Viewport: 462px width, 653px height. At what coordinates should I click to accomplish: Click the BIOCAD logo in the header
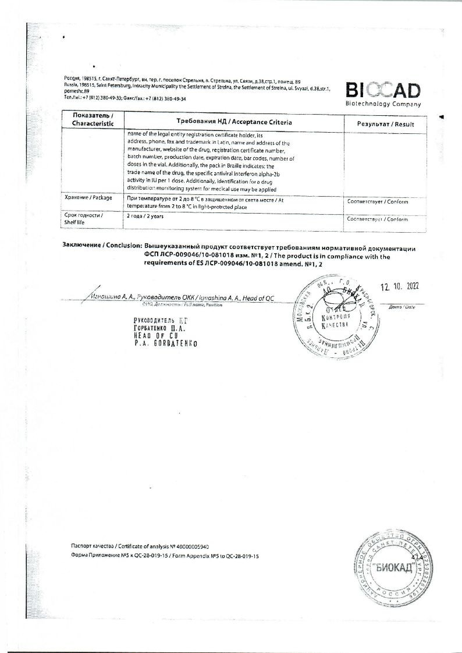pos(383,90)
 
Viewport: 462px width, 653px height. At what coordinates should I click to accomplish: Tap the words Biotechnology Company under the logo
pos(383,104)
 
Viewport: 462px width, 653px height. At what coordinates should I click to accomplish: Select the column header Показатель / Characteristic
pos(93,120)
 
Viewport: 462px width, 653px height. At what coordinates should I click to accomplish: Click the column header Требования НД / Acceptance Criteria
pos(234,122)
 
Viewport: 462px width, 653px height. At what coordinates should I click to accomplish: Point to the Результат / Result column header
pos(385,124)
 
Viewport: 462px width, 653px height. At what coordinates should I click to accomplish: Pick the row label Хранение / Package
pos(88,198)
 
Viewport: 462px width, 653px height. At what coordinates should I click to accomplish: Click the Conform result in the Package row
pos(377,202)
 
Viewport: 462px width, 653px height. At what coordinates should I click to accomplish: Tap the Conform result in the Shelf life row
pos(377,219)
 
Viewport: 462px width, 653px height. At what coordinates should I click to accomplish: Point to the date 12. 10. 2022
pos(399,286)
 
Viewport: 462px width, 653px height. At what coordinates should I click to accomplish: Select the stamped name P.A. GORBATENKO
pos(165,343)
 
